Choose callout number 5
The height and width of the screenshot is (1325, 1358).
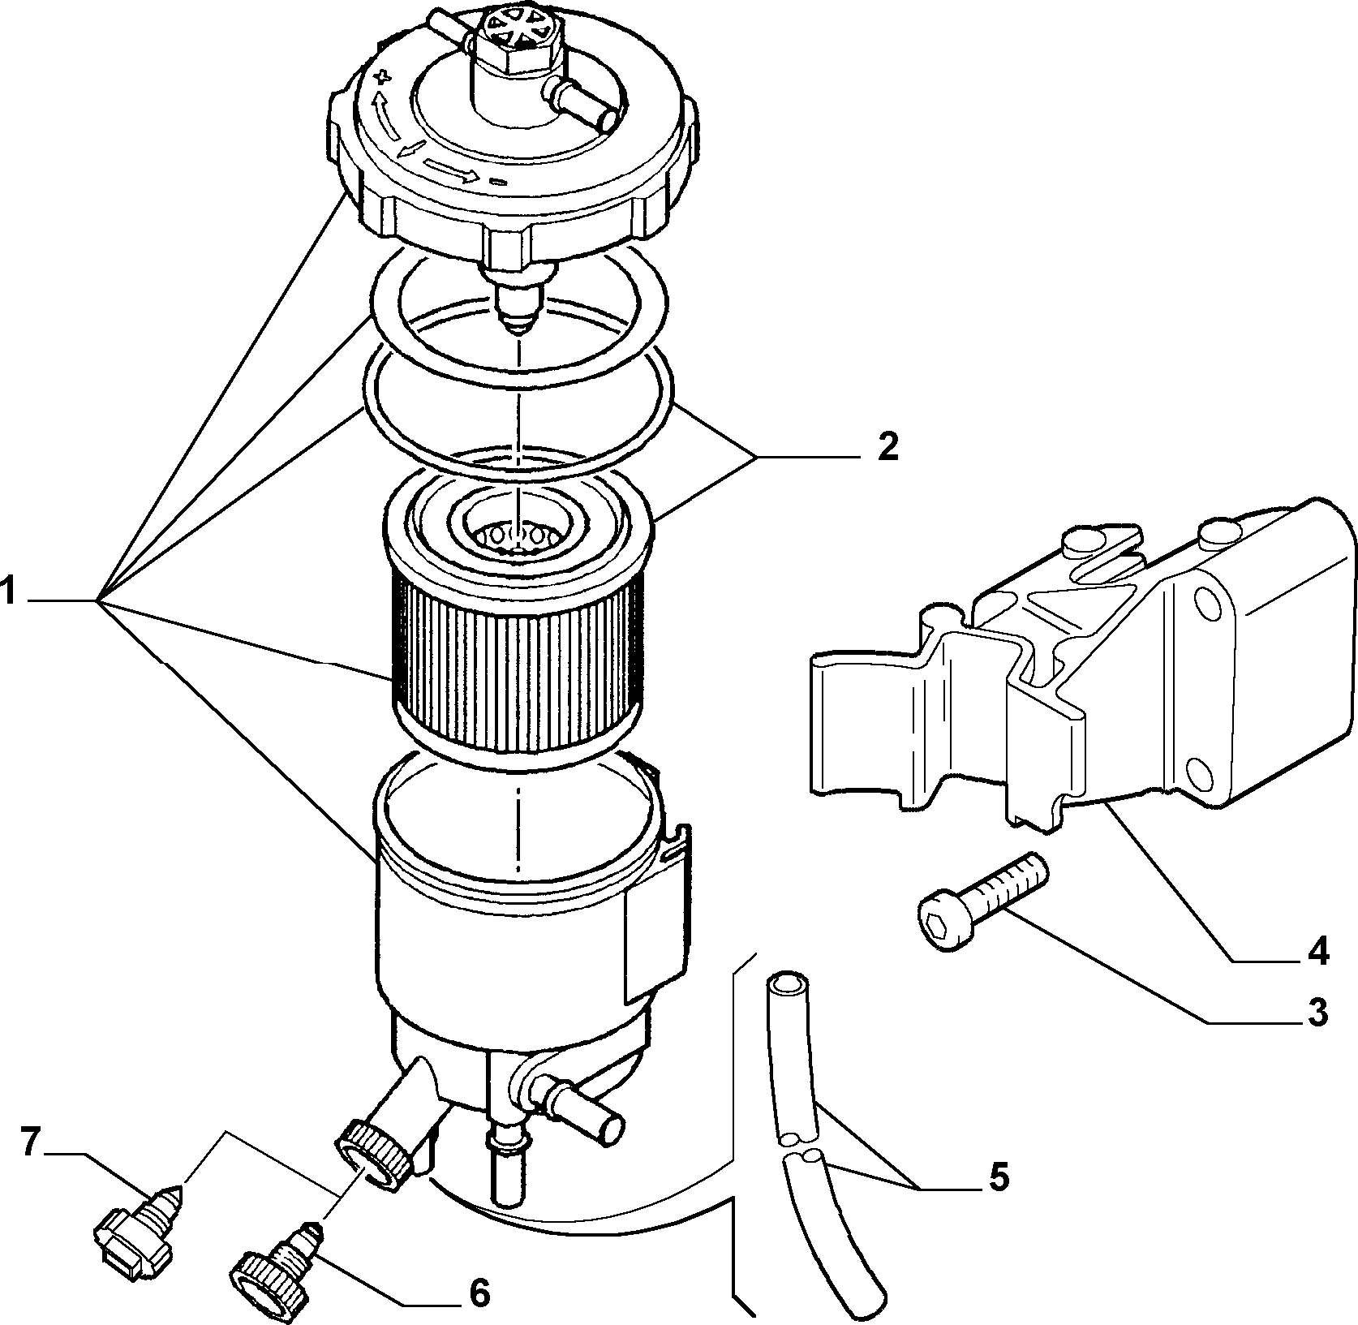pos(999,1177)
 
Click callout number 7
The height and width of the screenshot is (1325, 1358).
pos(30,1143)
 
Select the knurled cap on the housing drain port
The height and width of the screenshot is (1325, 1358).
pos(373,1146)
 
